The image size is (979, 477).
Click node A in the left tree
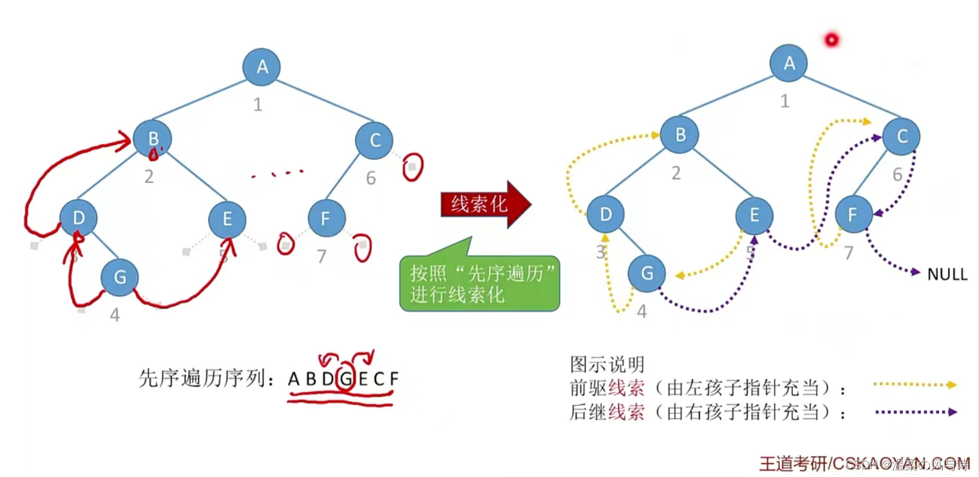[261, 67]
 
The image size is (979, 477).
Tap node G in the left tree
[120, 277]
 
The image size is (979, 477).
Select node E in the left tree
[227, 220]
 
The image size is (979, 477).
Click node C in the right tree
[901, 136]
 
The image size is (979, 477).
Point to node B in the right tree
[680, 135]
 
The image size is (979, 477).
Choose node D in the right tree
[605, 214]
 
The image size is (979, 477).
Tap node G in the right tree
[647, 273]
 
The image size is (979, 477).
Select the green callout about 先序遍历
[480, 283]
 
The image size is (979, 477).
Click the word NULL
[947, 275]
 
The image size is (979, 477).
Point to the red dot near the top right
[832, 40]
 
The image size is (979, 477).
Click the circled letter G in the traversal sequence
[346, 379]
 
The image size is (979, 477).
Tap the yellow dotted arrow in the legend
[915, 385]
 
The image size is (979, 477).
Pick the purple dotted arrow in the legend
[915, 412]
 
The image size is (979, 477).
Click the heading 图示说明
[607, 365]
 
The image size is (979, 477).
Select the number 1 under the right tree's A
[784, 101]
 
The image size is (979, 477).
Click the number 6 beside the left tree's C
[371, 178]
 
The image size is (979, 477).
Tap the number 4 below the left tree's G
[115, 315]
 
